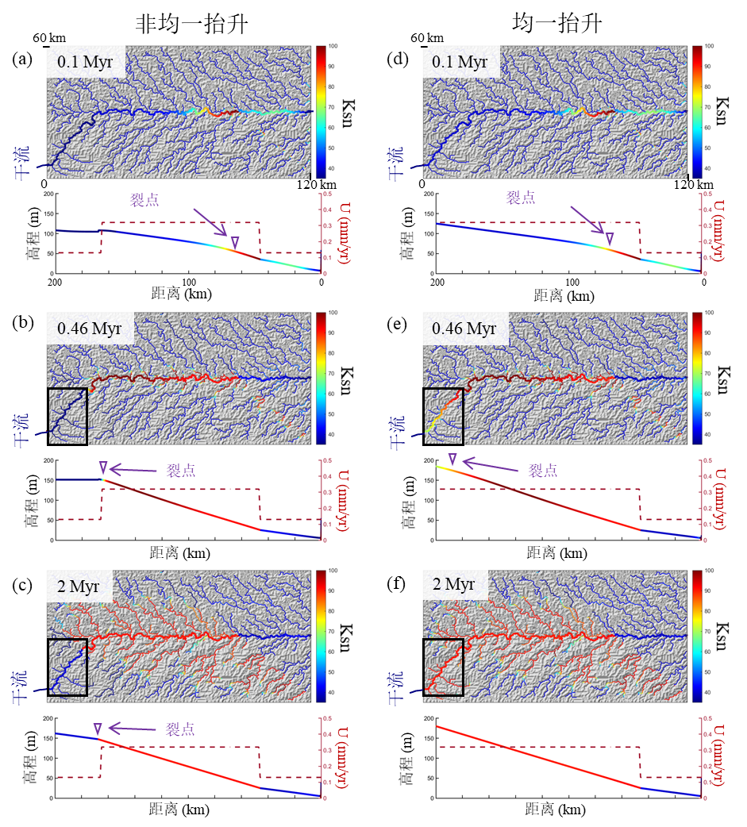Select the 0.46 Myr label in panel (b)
(90, 327)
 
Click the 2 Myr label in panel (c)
(79, 585)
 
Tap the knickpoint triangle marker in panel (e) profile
(452, 459)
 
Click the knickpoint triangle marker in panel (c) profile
(98, 729)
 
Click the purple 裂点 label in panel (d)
(521, 198)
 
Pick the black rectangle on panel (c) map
(67, 667)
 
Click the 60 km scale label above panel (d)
(427, 38)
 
